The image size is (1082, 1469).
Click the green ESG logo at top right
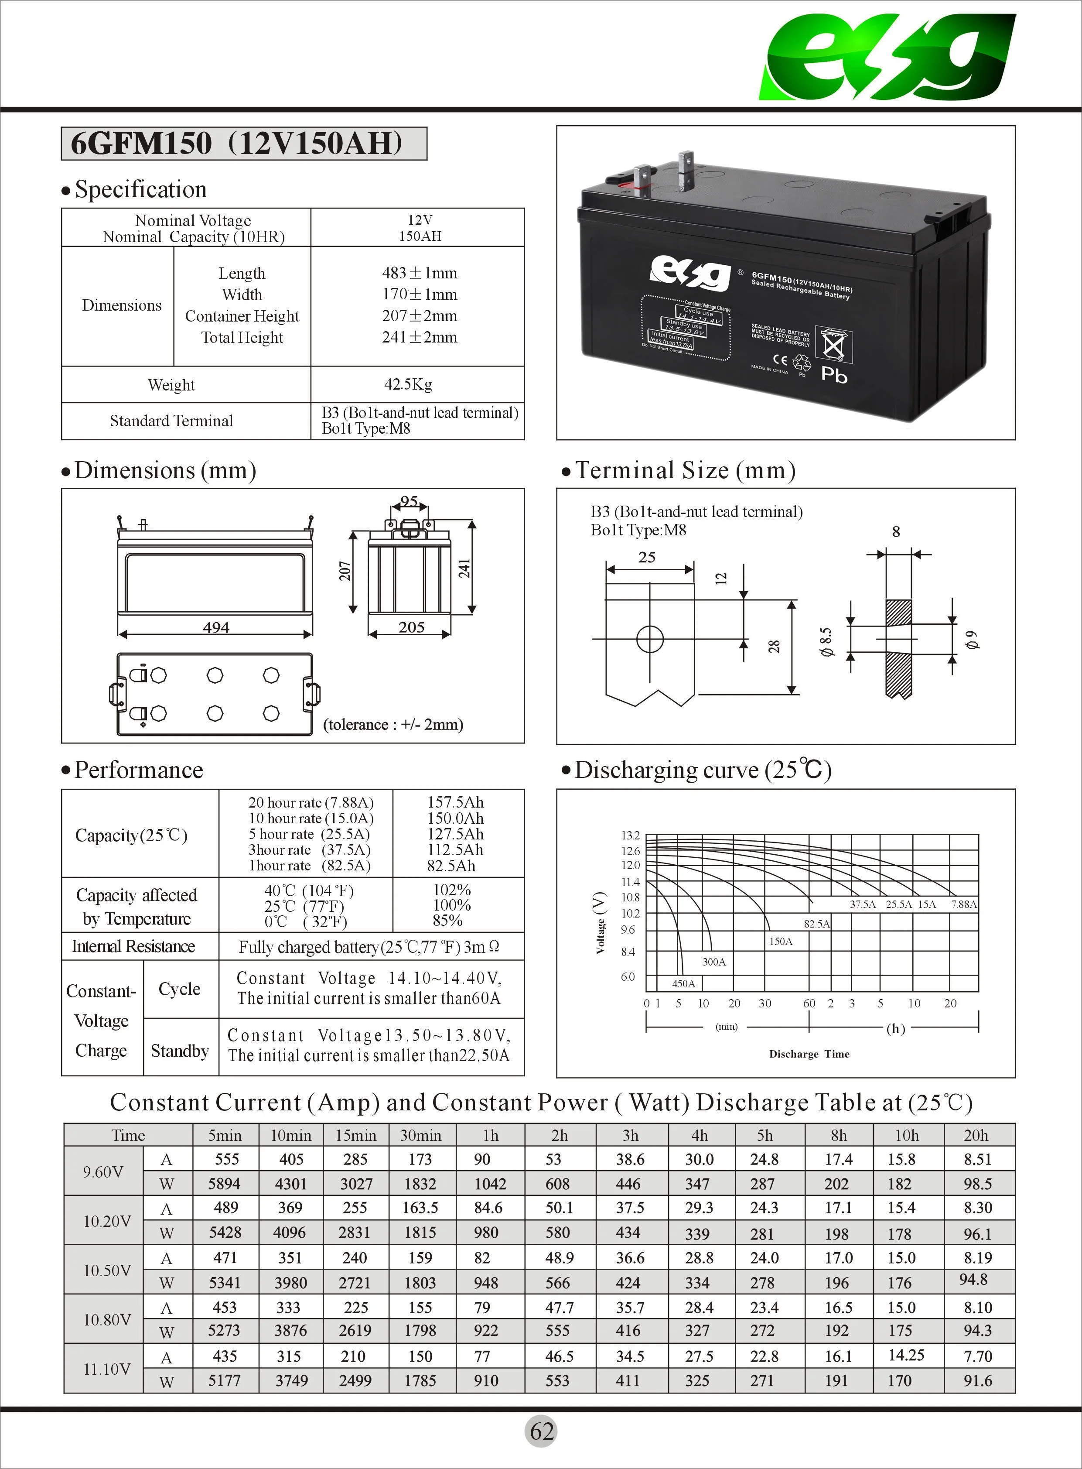(x=887, y=58)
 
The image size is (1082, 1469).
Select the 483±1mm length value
(x=419, y=273)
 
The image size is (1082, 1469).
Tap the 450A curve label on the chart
(x=683, y=983)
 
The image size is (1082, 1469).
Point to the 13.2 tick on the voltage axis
(x=630, y=836)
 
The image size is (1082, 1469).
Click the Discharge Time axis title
(x=809, y=1054)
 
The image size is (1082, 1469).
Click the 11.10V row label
(x=106, y=1368)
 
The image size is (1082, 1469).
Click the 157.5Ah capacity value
(x=455, y=802)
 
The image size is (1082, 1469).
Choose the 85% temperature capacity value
(x=447, y=920)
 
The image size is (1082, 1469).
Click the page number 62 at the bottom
(x=542, y=1431)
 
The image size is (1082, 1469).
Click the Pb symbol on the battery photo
(x=834, y=375)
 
